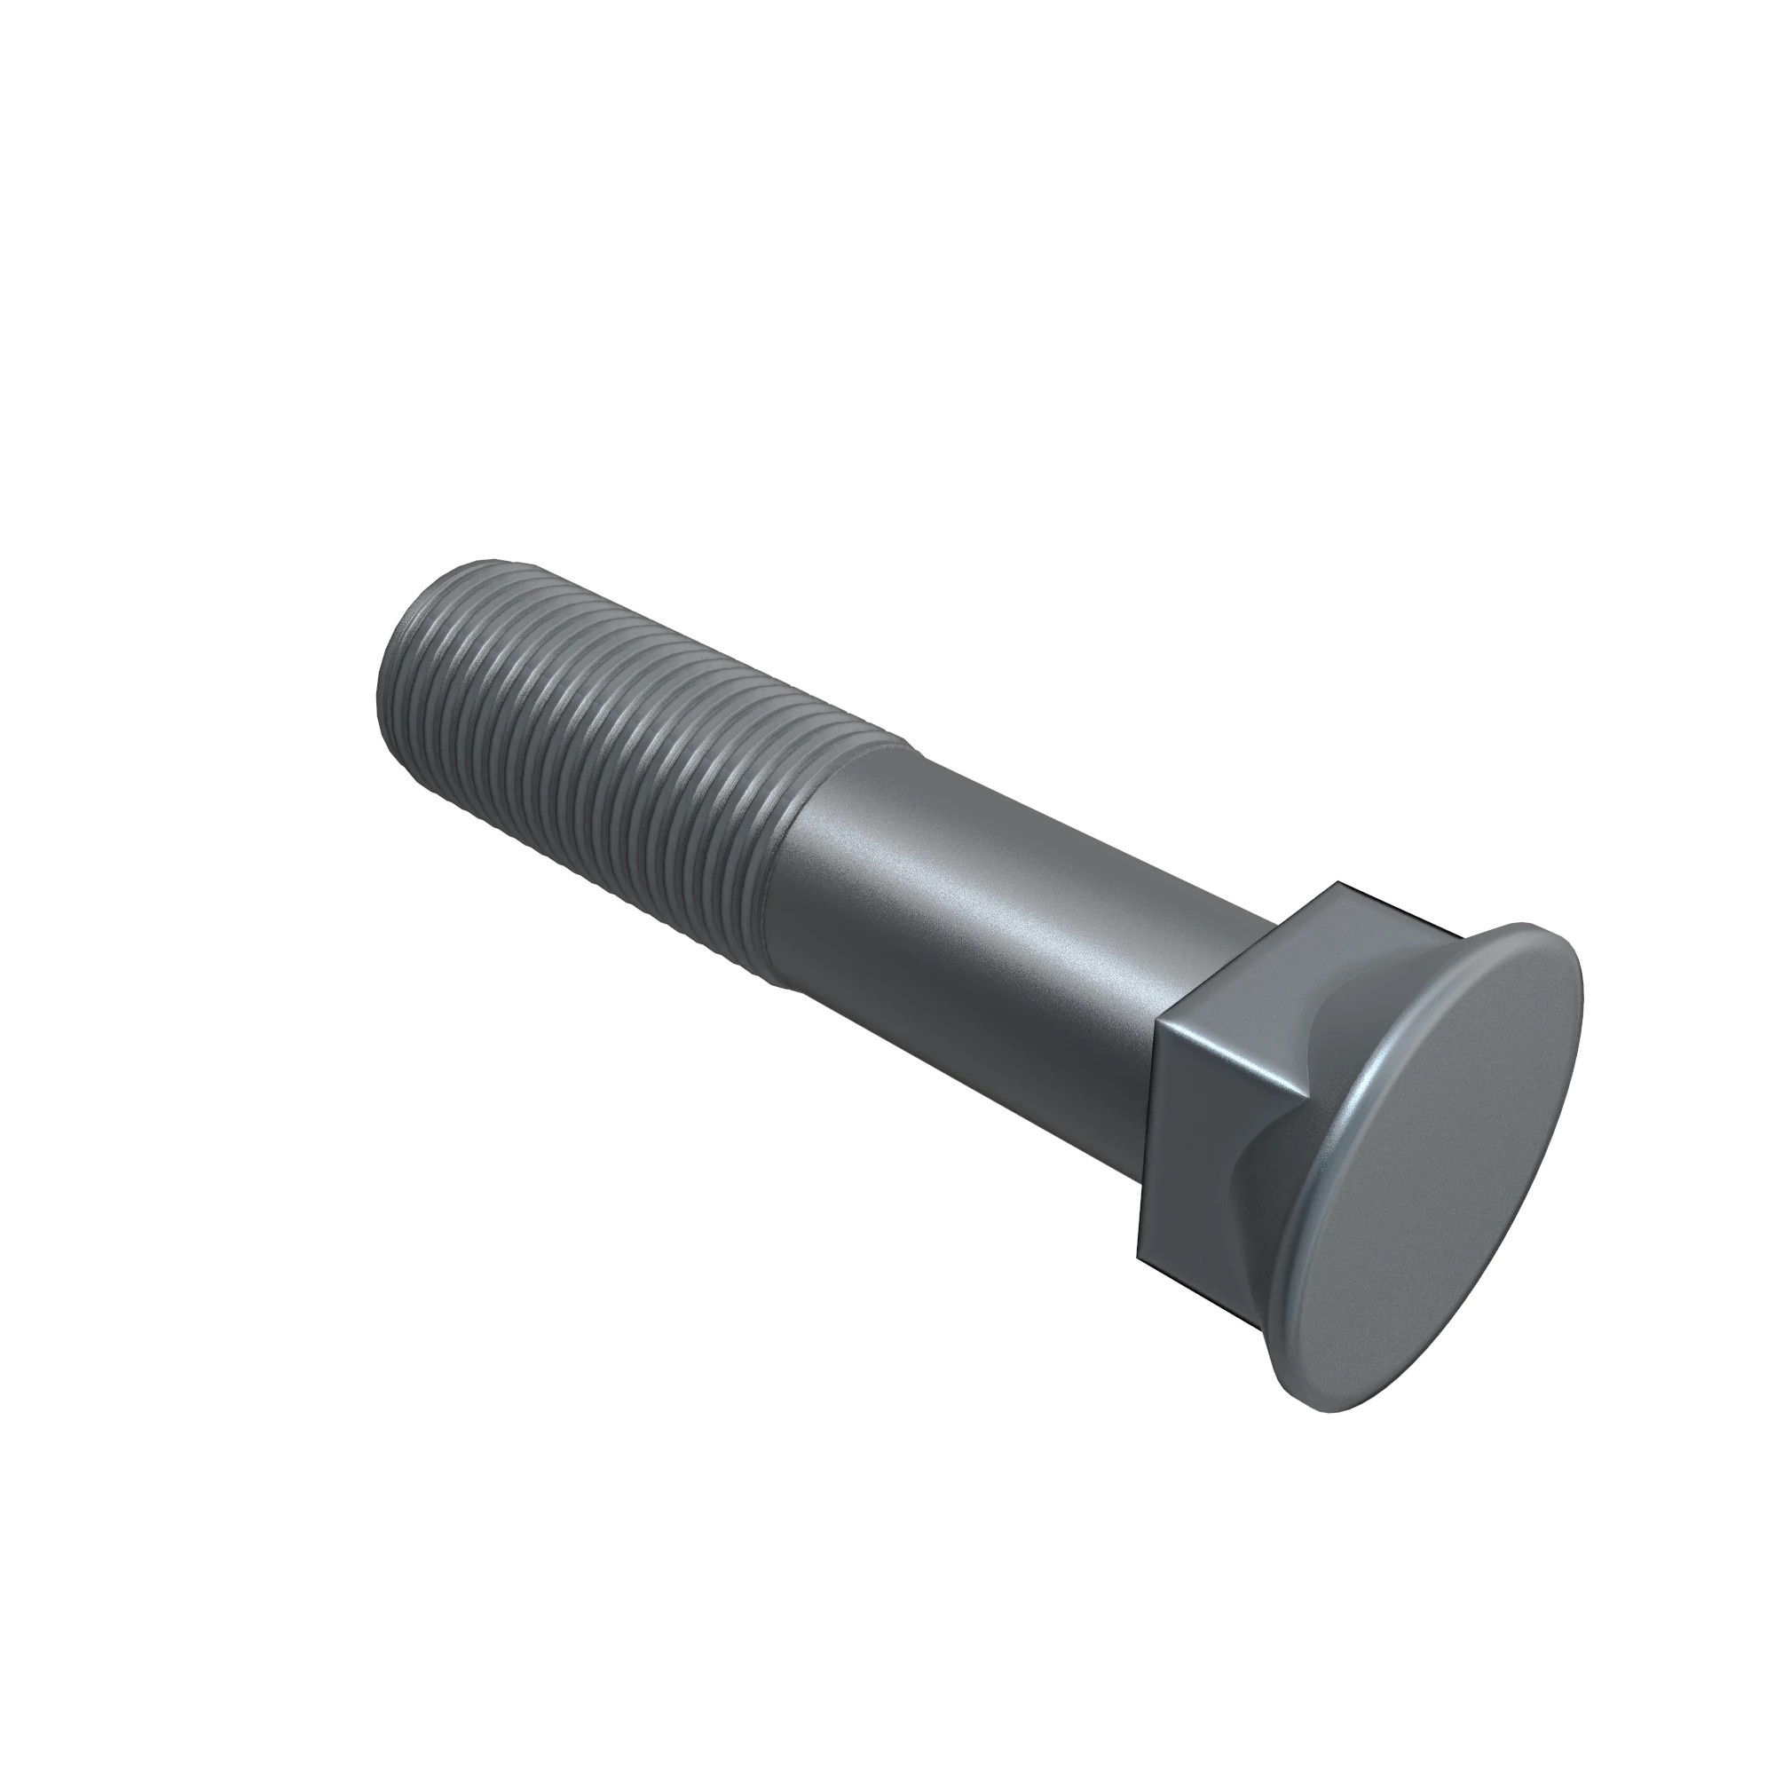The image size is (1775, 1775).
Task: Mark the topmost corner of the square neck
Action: tap(1339, 885)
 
